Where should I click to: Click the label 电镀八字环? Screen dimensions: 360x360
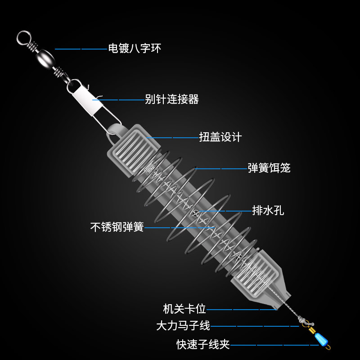pyautogui.click(x=134, y=48)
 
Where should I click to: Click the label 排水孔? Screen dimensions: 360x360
pyautogui.click(x=268, y=210)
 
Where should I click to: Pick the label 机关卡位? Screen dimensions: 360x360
pyautogui.click(x=184, y=309)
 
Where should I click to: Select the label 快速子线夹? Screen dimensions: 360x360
pyautogui.click(x=203, y=345)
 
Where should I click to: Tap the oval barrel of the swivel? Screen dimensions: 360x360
pyautogui.click(x=44, y=57)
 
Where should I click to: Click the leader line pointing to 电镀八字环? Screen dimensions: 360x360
pyautogui.click(x=81, y=49)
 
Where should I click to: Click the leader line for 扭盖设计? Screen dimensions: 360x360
pyautogui.click(x=173, y=137)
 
